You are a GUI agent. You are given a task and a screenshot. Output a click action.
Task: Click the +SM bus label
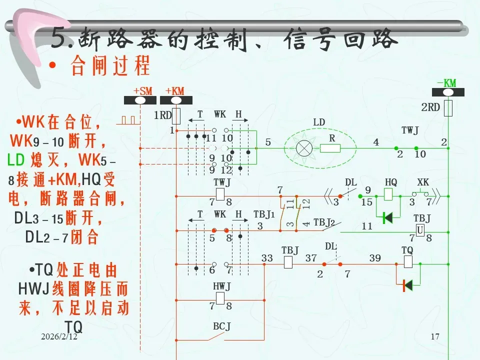coord(142,91)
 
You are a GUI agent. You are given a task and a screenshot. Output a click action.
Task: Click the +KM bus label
coord(175,91)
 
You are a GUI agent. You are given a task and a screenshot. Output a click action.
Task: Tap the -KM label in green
coord(446,83)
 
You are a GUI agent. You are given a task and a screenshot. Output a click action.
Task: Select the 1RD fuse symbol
coord(176,115)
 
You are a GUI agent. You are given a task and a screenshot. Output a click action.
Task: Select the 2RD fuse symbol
coord(448,107)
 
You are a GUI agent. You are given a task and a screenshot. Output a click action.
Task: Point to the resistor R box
coord(330,148)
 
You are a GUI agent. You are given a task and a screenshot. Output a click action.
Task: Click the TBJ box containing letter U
coord(420,229)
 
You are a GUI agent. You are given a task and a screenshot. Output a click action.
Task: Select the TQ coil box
coord(407,261)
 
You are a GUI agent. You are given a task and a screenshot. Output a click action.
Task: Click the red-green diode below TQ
coord(407,285)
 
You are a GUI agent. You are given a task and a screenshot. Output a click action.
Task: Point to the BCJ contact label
coord(221,327)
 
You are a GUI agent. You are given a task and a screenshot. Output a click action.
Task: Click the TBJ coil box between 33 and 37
coord(288,261)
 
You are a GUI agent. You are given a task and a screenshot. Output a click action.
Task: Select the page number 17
coord(434,337)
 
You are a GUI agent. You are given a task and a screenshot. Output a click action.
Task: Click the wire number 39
coord(375,258)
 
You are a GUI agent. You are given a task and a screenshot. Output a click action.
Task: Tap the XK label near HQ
coord(423,183)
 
